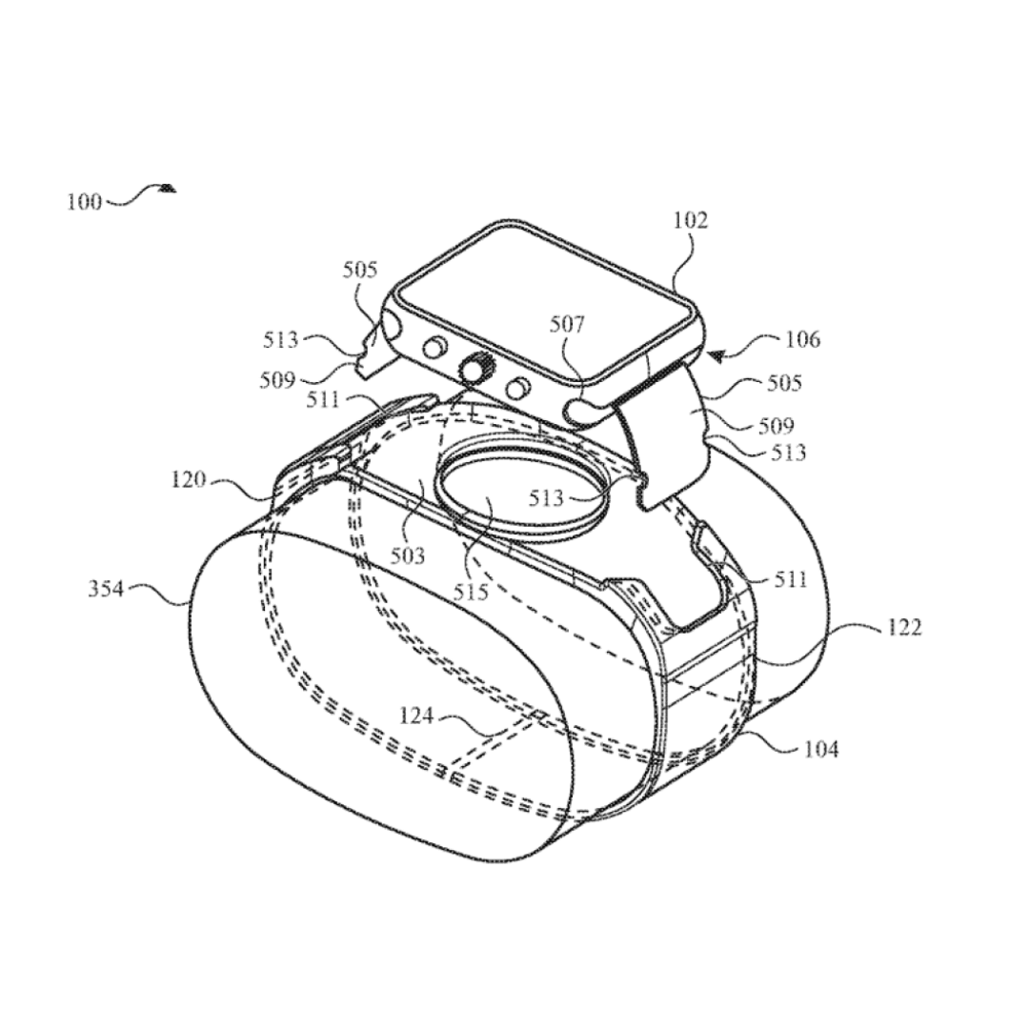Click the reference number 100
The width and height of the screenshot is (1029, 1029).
tap(85, 201)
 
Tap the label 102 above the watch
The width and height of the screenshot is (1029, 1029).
tap(691, 220)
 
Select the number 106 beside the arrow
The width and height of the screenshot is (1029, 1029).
tap(802, 339)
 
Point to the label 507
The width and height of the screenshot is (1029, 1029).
tap(567, 324)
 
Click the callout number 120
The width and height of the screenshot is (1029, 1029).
tap(189, 480)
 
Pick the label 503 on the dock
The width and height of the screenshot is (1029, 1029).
tap(408, 555)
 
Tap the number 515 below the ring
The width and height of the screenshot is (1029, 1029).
tap(472, 592)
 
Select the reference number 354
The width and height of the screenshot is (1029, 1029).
tap(107, 589)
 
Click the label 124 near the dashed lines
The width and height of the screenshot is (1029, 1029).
tap(417, 716)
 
